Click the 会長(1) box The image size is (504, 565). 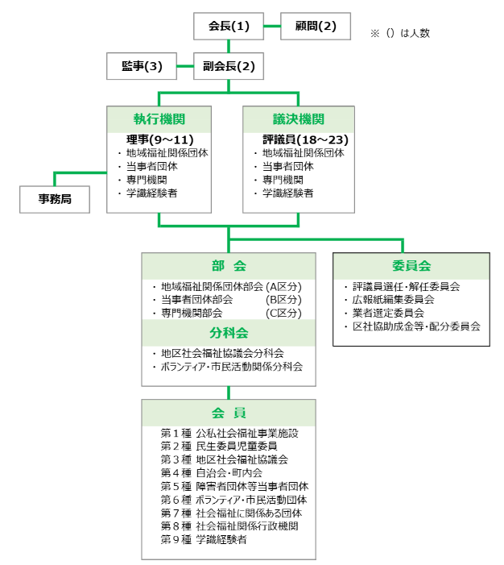(x=229, y=27)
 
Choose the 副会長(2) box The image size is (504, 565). (x=229, y=66)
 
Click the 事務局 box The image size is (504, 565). (x=55, y=198)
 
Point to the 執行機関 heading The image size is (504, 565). (x=159, y=118)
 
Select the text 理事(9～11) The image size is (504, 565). (x=159, y=139)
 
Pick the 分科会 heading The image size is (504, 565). (x=229, y=332)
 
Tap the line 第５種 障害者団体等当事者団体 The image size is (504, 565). (x=234, y=486)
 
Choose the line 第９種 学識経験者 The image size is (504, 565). (x=204, y=539)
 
